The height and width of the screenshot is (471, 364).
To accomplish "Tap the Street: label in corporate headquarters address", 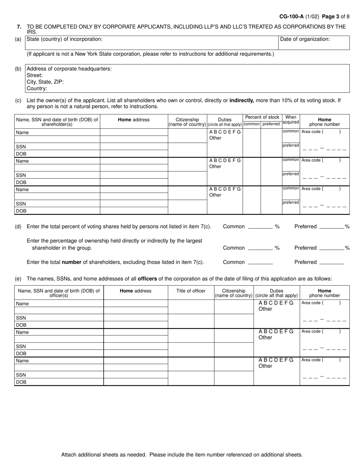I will point(35,75).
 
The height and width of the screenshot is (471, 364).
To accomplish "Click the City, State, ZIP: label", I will point(45,82).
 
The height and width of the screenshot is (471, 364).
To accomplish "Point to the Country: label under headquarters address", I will point(37,88).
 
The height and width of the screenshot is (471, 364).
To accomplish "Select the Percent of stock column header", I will point(262,117).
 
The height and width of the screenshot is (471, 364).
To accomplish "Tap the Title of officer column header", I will point(191,291).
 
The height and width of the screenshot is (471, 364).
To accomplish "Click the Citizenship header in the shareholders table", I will point(187,119).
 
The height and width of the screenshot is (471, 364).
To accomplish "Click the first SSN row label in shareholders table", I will point(21,147).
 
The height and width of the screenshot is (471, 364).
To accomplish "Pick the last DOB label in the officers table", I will point(21,382).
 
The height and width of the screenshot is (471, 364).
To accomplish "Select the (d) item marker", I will point(18,226).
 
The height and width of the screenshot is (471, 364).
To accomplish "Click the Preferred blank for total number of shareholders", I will point(331,263).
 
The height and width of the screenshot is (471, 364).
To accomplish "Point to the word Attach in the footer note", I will point(69,455).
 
